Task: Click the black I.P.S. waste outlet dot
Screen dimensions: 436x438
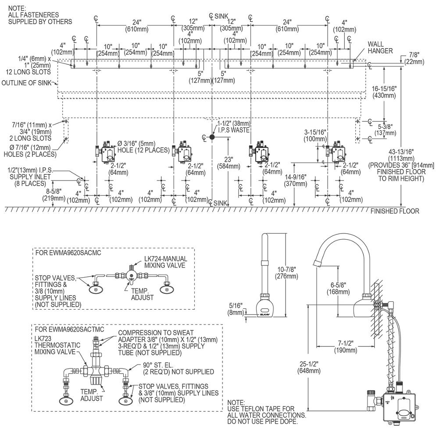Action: (x=212, y=137)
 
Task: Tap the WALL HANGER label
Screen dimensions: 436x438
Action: (x=380, y=47)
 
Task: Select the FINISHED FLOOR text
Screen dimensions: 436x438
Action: (x=395, y=211)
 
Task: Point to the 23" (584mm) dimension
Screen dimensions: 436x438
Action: (x=229, y=163)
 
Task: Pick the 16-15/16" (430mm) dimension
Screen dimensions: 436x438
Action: (x=384, y=92)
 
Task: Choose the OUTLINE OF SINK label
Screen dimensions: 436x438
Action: (x=27, y=83)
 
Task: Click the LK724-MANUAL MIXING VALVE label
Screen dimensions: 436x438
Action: (x=165, y=262)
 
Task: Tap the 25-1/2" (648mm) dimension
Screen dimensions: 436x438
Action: (x=309, y=367)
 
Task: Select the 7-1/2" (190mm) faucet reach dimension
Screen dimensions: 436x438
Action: (x=345, y=346)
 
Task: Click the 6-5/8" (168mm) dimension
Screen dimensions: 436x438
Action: (x=338, y=288)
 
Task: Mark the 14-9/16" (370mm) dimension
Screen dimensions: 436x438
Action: (x=296, y=180)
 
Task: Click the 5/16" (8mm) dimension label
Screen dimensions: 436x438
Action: (x=236, y=309)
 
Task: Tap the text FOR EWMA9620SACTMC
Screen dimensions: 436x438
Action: (x=69, y=329)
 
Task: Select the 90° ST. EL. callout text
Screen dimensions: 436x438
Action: (x=158, y=365)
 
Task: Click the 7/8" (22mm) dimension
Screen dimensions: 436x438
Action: (x=414, y=58)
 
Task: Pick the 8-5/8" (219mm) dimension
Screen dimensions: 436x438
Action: (x=54, y=195)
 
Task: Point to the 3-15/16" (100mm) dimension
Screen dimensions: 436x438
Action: (x=315, y=135)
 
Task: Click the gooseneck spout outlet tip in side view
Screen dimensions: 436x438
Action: (x=316, y=263)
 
